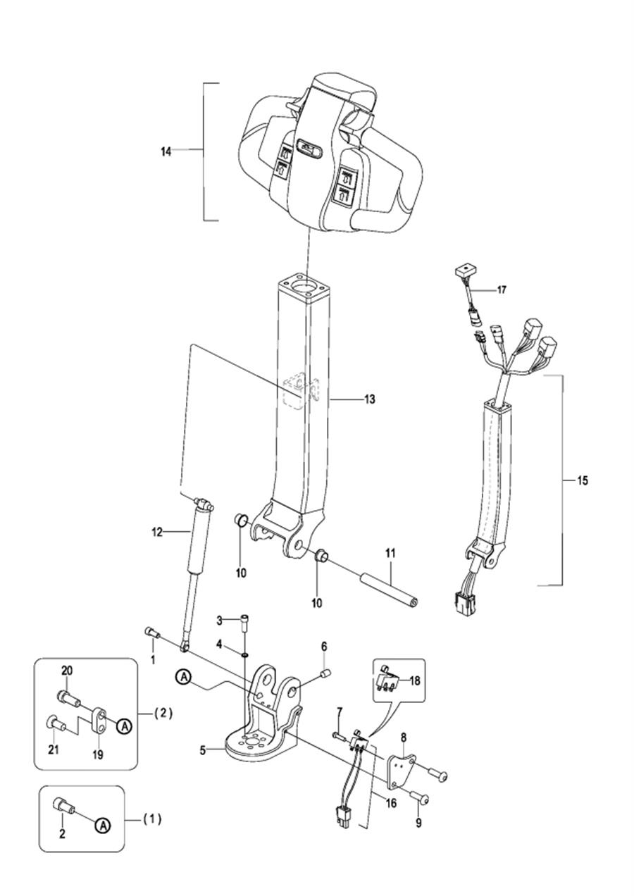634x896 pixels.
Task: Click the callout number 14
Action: click(166, 152)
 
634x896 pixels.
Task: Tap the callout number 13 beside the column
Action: click(370, 399)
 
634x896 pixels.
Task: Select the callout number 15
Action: click(583, 480)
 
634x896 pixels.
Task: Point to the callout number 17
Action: click(501, 290)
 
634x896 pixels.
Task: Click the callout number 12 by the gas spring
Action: click(157, 533)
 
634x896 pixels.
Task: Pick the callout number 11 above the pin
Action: click(390, 553)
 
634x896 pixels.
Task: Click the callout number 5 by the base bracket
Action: click(203, 750)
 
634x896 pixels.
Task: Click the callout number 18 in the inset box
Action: click(415, 680)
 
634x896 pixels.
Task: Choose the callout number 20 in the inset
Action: click(67, 671)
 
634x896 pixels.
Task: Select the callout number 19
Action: click(98, 754)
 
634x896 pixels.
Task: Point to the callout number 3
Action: click(219, 621)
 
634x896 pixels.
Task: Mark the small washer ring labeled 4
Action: click(244, 655)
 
